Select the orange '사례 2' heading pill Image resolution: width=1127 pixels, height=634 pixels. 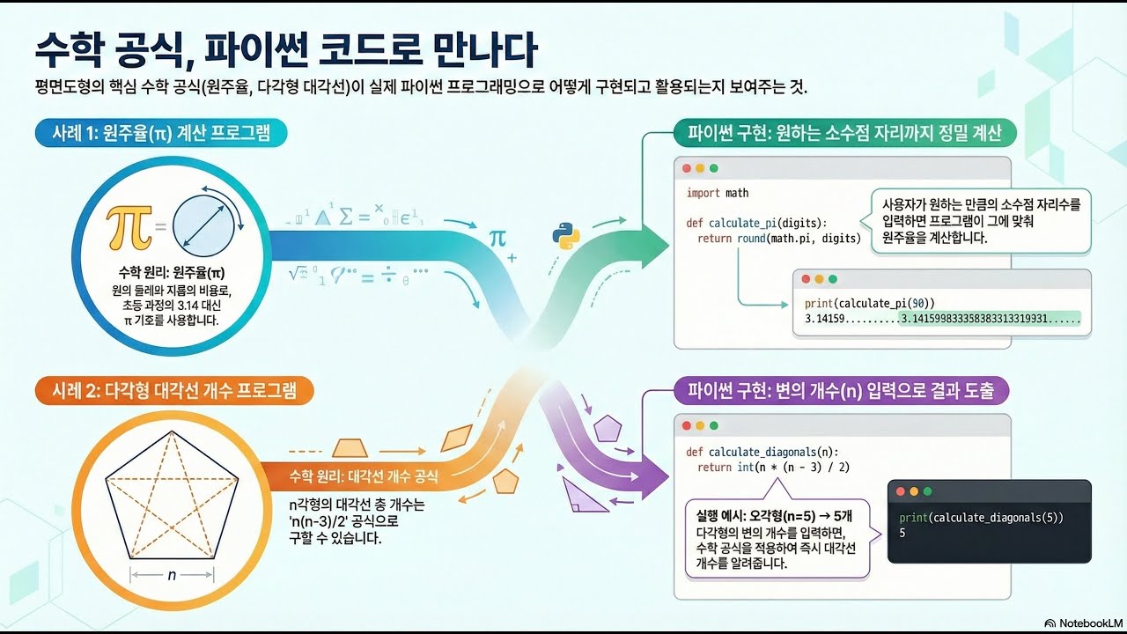[173, 390]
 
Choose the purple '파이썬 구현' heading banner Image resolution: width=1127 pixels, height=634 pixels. [841, 390]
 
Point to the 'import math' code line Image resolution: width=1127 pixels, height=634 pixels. [718, 193]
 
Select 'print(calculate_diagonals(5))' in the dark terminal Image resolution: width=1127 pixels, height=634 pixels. [981, 518]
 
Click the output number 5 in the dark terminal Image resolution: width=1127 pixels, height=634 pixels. [902, 534]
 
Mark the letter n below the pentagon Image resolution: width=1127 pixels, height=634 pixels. [172, 576]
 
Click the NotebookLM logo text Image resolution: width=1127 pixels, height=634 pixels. [1084, 622]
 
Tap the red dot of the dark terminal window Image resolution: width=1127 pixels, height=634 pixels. [901, 491]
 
